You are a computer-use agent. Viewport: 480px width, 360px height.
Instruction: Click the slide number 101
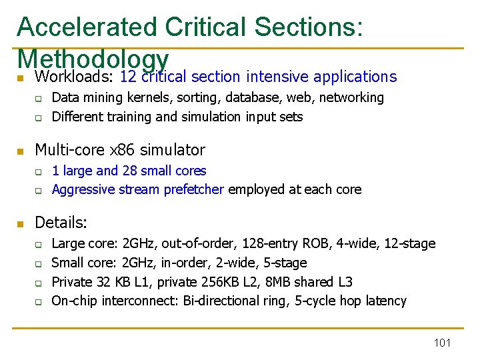(x=442, y=343)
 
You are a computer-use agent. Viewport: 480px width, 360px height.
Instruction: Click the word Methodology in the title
(x=93, y=58)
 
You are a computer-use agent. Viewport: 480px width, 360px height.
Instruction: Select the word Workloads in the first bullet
(x=73, y=77)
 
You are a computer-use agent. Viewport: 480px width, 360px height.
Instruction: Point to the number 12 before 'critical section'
(x=128, y=77)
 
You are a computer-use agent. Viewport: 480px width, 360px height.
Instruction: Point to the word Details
(x=61, y=222)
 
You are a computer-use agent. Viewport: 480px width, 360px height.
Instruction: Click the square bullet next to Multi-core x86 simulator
(x=21, y=150)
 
